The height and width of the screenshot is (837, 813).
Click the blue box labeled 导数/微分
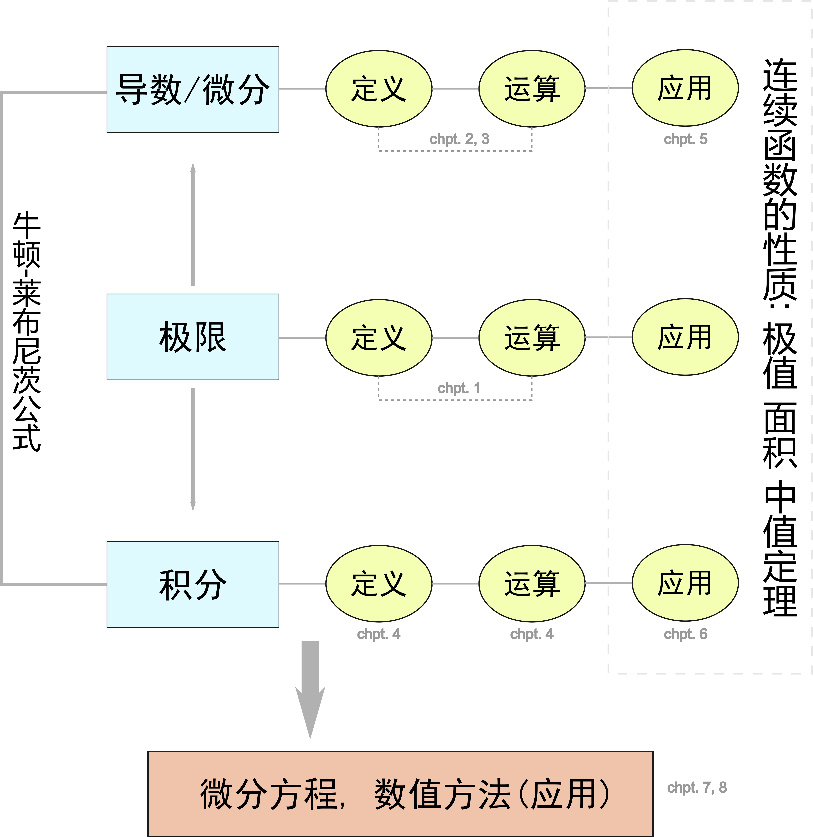pyautogui.click(x=193, y=89)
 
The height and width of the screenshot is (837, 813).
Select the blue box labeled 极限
pyautogui.click(x=193, y=337)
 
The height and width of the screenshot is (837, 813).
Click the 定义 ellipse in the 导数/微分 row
pyautogui.click(x=379, y=89)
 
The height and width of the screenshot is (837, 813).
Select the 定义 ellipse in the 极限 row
pyautogui.click(x=379, y=337)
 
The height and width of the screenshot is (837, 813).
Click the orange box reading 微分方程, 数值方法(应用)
pyautogui.click(x=400, y=793)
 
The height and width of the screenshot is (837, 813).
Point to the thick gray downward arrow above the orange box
pyautogui.click(x=310, y=688)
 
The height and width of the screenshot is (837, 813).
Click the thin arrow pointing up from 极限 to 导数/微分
pyautogui.click(x=193, y=224)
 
